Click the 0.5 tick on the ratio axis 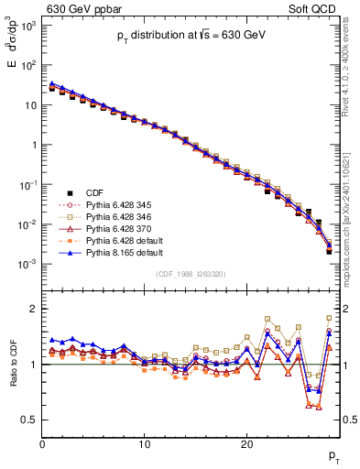tap(29, 420)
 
